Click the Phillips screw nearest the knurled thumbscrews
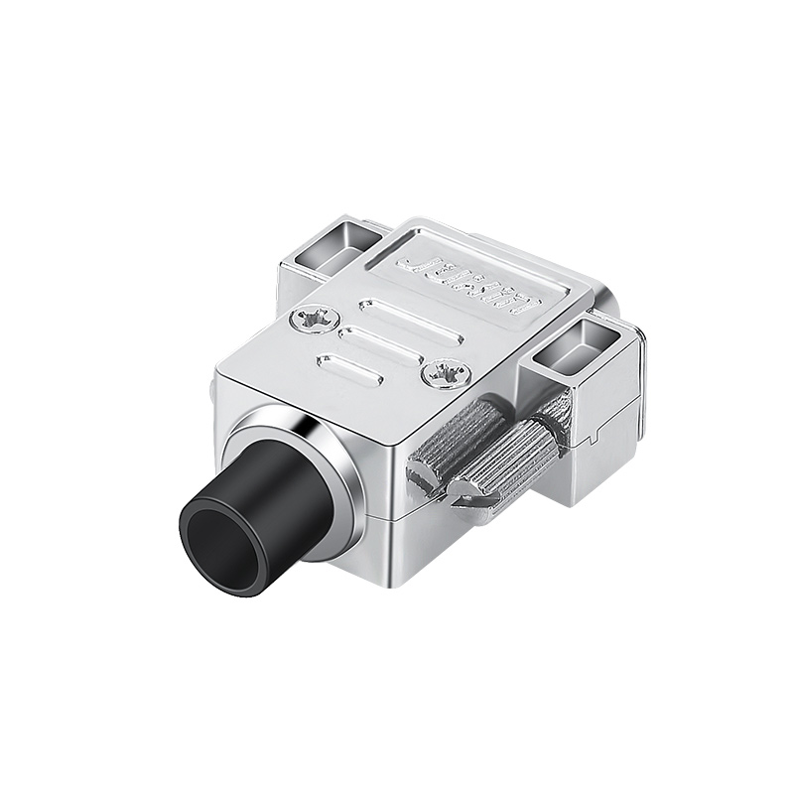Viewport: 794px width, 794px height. click(445, 374)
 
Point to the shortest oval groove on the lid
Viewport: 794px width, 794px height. click(349, 367)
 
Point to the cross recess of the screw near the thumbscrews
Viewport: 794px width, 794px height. click(445, 374)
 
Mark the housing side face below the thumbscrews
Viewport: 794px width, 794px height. click(466, 556)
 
